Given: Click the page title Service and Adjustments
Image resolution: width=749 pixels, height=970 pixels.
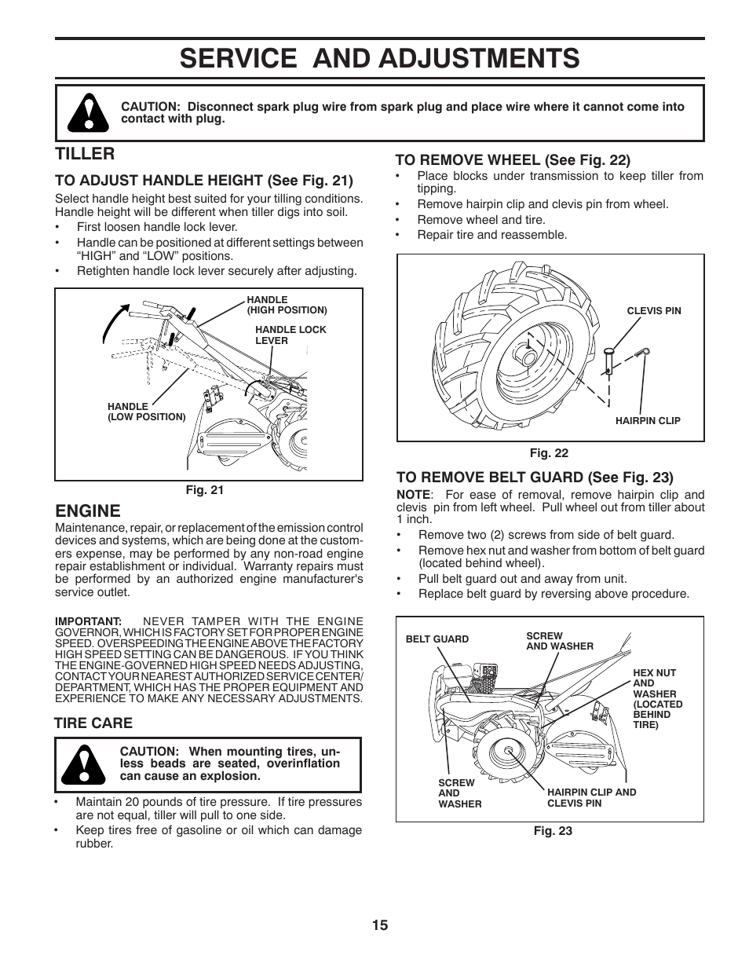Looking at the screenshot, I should point(379,58).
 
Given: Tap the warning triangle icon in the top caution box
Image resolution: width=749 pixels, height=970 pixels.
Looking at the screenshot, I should point(87,112).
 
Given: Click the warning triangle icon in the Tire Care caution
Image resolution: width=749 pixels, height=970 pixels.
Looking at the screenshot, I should point(87,764).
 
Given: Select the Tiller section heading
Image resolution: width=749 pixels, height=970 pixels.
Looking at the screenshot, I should point(85,153).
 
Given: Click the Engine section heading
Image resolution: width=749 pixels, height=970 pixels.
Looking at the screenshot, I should point(88,511).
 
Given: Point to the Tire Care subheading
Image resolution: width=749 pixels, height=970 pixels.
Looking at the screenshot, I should point(93,723).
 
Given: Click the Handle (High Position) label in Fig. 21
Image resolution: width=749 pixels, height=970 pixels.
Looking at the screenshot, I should point(286,305).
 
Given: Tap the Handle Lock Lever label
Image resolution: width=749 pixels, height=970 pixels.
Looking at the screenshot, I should point(290,335).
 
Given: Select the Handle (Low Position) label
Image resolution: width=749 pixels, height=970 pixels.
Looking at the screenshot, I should point(146,412).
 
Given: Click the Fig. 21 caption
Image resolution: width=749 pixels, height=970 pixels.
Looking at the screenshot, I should point(204,490).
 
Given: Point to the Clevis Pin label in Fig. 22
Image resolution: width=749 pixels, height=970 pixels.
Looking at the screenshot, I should point(653,311).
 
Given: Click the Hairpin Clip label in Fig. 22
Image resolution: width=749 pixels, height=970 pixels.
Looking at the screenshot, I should point(647,420).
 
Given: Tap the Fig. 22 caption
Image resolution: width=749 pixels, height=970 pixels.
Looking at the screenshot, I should point(548,453).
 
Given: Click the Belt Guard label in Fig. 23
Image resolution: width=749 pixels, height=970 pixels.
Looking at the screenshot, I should point(437,639).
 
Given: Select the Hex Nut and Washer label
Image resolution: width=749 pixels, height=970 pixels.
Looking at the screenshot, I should point(657,699).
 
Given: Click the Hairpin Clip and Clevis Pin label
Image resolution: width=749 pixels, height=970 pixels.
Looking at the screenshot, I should point(591,797).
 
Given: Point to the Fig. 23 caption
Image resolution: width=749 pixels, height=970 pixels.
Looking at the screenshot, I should point(553,831).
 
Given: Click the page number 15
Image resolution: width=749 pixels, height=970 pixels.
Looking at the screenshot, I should point(380,924).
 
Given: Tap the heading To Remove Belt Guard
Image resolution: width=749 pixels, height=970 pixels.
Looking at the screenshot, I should point(535,477).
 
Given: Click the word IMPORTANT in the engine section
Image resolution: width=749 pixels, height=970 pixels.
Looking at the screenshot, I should point(88,620).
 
